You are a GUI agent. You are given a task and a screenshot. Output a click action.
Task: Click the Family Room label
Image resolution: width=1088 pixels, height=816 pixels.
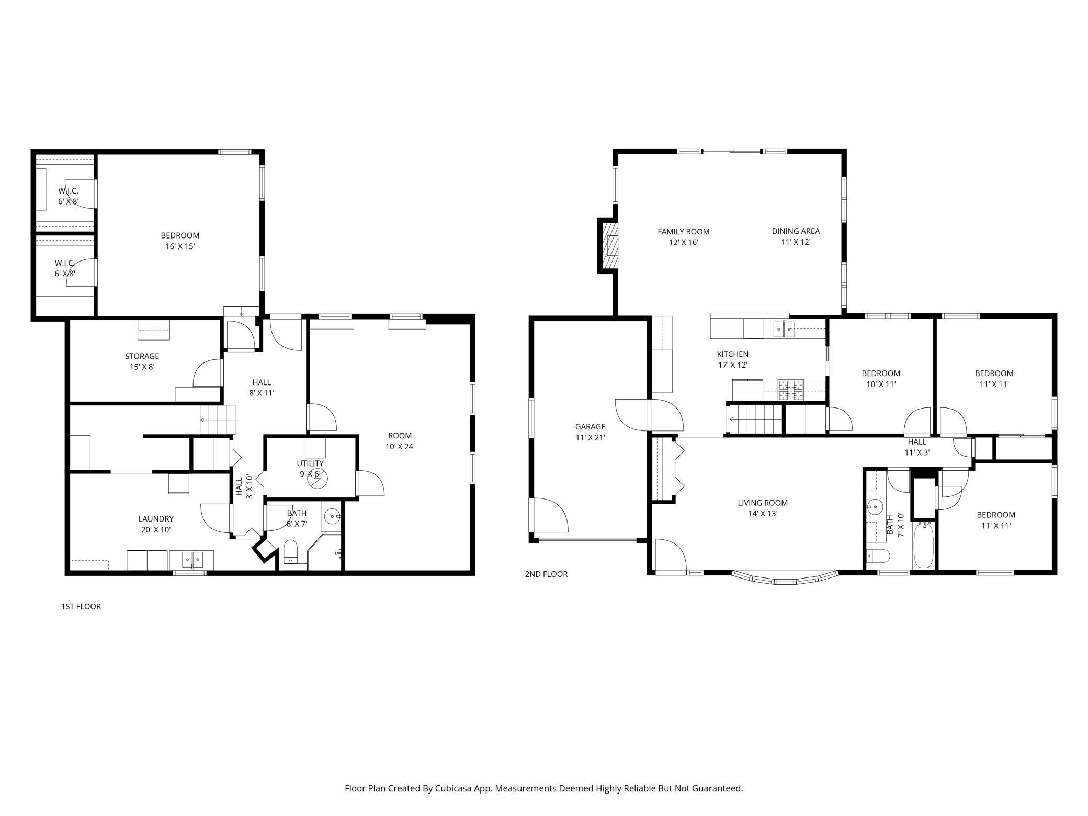(x=683, y=237)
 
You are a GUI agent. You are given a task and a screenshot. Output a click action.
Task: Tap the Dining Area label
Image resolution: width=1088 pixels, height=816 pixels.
(x=796, y=236)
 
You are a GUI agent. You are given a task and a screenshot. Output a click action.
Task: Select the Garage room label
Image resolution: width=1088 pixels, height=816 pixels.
(x=590, y=432)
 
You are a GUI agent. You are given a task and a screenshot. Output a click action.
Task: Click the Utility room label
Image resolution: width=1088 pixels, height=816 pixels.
(x=310, y=469)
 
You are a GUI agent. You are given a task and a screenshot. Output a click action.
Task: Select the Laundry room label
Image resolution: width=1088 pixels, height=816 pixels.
(x=156, y=524)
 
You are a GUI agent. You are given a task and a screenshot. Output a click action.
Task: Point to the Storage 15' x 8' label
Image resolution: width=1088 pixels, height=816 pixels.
(x=142, y=361)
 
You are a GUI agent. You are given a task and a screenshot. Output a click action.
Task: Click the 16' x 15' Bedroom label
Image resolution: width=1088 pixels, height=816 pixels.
(x=180, y=241)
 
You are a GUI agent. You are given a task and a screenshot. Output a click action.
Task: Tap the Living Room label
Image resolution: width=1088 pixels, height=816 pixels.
(x=763, y=508)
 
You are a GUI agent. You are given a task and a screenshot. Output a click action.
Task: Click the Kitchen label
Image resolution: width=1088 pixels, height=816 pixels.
(x=732, y=359)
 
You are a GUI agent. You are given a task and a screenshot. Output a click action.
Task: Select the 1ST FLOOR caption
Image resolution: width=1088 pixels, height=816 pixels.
(x=81, y=606)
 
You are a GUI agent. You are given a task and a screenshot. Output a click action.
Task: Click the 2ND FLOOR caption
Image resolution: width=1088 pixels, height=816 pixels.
(x=546, y=574)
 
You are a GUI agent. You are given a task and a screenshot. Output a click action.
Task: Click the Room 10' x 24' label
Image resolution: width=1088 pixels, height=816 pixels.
(x=400, y=441)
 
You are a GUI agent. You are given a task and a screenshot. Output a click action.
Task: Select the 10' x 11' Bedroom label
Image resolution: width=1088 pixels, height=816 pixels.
(x=881, y=379)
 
